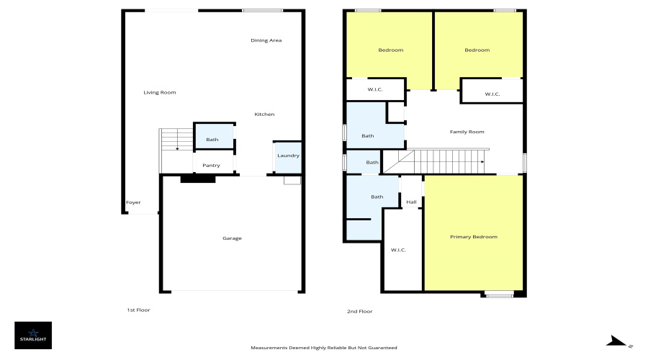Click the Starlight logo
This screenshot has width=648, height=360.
tap(33, 336)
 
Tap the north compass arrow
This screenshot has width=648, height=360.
tap(616, 341)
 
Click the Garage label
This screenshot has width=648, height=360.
tap(232, 238)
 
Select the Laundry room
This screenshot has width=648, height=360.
tap(288, 158)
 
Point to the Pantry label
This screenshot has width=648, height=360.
tap(211, 166)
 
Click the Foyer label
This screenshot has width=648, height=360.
tap(133, 202)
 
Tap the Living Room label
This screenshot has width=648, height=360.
tap(160, 92)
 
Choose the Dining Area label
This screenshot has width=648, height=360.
tap(266, 40)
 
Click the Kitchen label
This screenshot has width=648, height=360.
tap(264, 114)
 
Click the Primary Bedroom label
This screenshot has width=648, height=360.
tap(474, 237)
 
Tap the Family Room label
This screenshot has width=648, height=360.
tap(467, 132)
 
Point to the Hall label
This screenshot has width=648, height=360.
tap(411, 202)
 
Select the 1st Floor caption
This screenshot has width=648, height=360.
tap(138, 310)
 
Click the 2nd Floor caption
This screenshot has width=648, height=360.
tap(359, 311)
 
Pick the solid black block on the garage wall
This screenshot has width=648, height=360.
tap(198, 179)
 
